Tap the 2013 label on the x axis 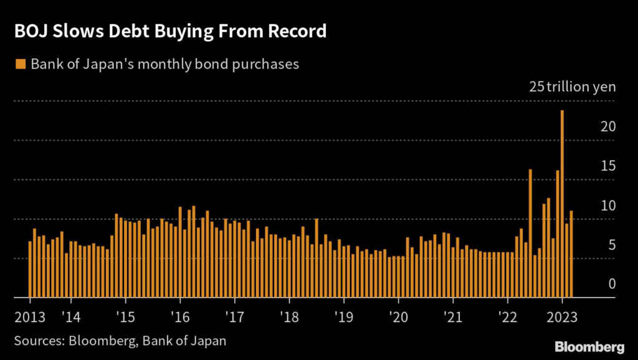(29, 316)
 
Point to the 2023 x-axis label (562, 316)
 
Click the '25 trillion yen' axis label (572, 87)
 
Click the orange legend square (21, 64)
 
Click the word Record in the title (297, 31)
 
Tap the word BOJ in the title (31, 31)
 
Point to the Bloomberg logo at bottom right (589, 346)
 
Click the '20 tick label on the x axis (398, 316)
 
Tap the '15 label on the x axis (125, 316)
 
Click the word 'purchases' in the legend (264, 64)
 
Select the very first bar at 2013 (30, 270)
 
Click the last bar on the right (571, 254)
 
